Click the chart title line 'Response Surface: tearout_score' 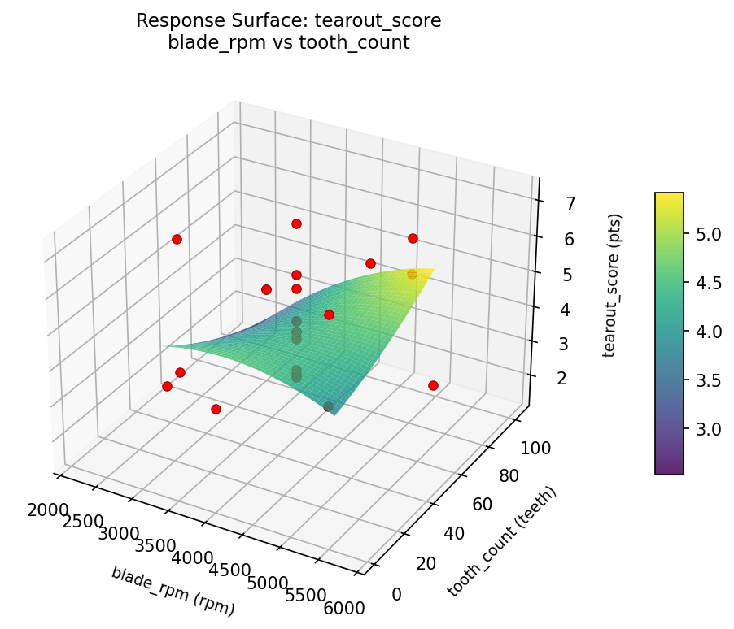coord(288,20)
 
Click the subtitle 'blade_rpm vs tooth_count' coord(288,42)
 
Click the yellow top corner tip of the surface coord(433,269)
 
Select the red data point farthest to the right coord(433,385)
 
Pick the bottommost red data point coord(216,409)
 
